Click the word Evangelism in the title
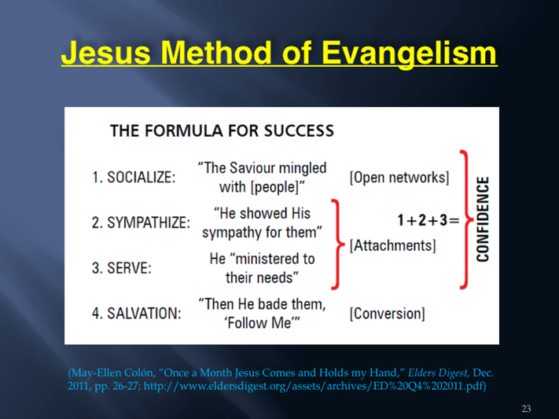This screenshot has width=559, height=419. tap(409, 53)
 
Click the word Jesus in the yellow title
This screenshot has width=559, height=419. tap(106, 53)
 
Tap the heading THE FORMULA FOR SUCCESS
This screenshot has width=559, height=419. tap(222, 130)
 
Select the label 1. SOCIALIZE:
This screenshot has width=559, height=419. tap(134, 177)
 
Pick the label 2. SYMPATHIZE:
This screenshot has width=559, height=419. tap(141, 222)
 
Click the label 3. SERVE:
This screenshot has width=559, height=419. tap(122, 268)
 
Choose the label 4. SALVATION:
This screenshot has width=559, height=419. tap(137, 314)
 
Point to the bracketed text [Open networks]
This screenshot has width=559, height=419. tap(399, 178)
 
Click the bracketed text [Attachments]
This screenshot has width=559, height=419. tap(392, 246)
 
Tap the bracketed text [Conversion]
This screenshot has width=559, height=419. tap(387, 314)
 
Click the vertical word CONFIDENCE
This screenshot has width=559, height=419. tap(483, 219)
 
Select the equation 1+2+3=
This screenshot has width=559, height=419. tap(428, 220)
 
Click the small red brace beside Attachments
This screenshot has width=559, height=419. tap(338, 244)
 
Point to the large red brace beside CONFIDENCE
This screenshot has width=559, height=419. tap(466, 219)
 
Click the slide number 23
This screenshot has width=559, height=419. tap(526, 408)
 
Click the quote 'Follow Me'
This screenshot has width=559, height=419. tap(262, 323)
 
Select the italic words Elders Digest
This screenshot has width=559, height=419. tap(438, 373)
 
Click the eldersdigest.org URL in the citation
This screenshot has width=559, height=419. tap(314, 386)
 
